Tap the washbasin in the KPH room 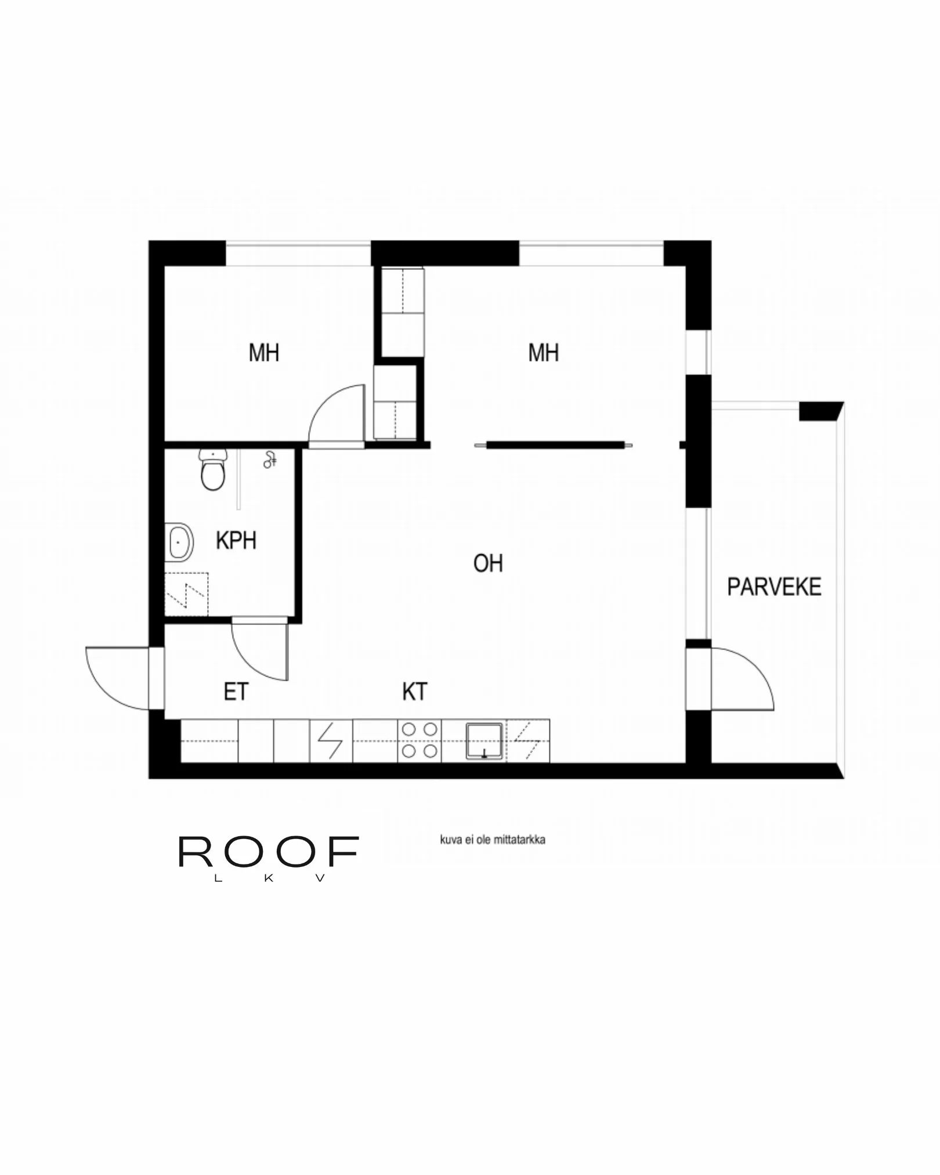pos(179,543)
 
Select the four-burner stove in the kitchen pos(420,740)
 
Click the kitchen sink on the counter pos(484,741)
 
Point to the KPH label pos(236,541)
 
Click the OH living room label pos(488,563)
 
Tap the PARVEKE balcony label pos(773,587)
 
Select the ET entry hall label pos(236,692)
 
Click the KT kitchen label pos(414,692)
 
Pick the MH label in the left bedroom pos(263,353)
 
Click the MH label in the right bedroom pos(543,353)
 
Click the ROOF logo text pos(268,852)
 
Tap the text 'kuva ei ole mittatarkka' pos(492,840)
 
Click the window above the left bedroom pos(298,254)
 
